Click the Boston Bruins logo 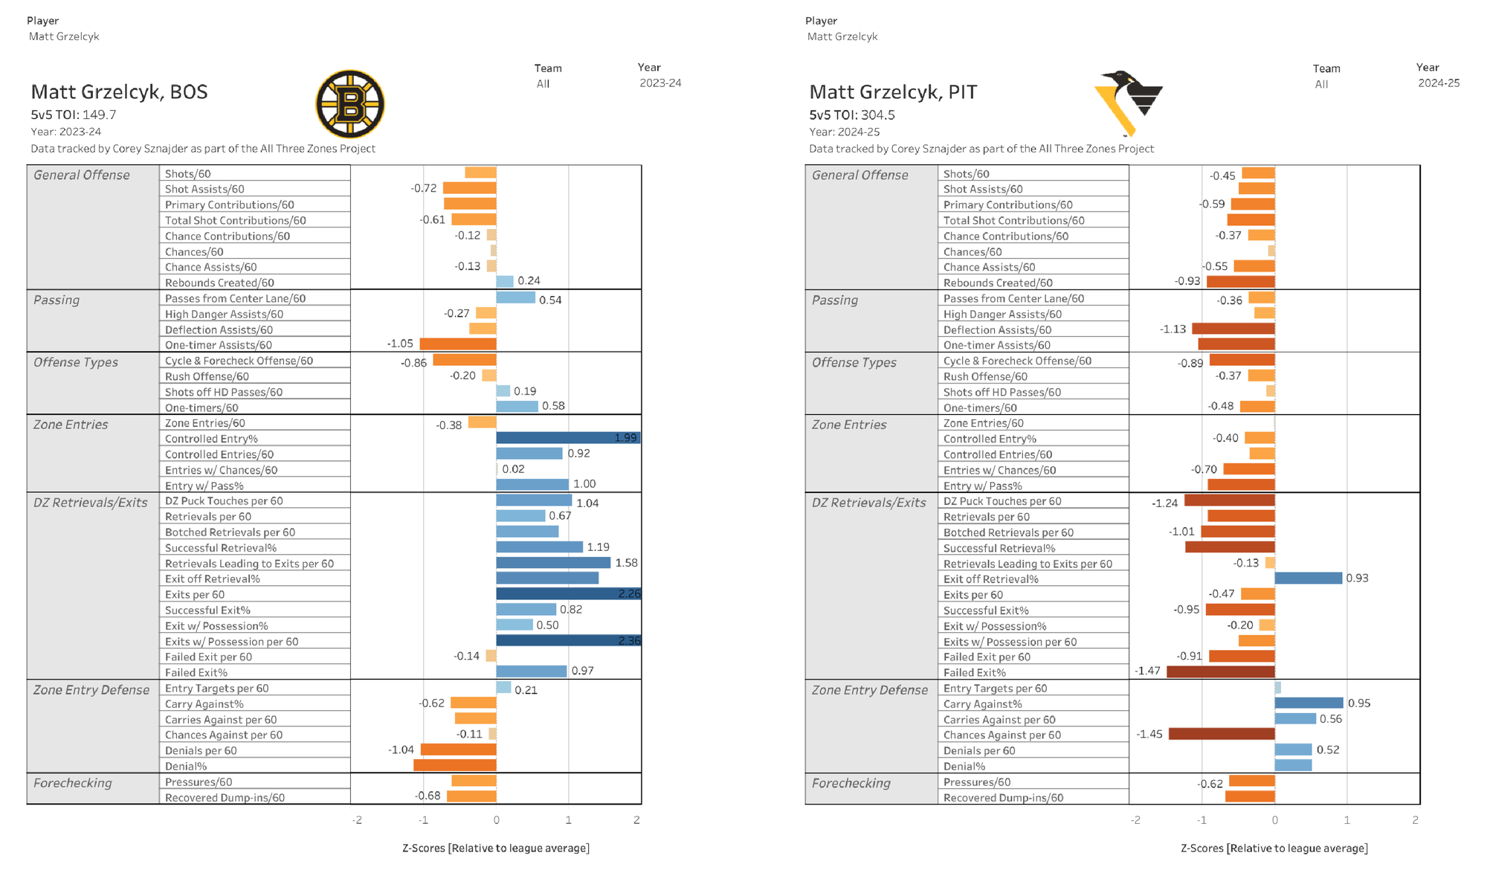coord(349,104)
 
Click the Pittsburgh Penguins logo coord(1129,103)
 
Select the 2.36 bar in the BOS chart coord(568,640)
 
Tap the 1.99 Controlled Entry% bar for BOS coord(567,438)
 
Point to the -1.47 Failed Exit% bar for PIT coord(1221,671)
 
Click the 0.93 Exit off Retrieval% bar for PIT coord(1309,578)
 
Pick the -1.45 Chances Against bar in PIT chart coord(1222,734)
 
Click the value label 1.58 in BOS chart coord(626,563)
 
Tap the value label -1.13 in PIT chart coord(1172,329)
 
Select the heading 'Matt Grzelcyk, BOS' coord(119,92)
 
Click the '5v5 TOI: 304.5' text coord(852,115)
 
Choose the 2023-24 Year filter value coord(660,83)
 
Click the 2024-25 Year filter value coord(1439,83)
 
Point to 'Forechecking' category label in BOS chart coord(73,783)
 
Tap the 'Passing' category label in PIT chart coord(834,300)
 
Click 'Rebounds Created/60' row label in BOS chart coord(219,283)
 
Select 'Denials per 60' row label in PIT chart coord(979,750)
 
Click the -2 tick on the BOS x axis coord(358,820)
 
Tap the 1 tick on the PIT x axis coord(1346,820)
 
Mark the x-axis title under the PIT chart coord(1274,848)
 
